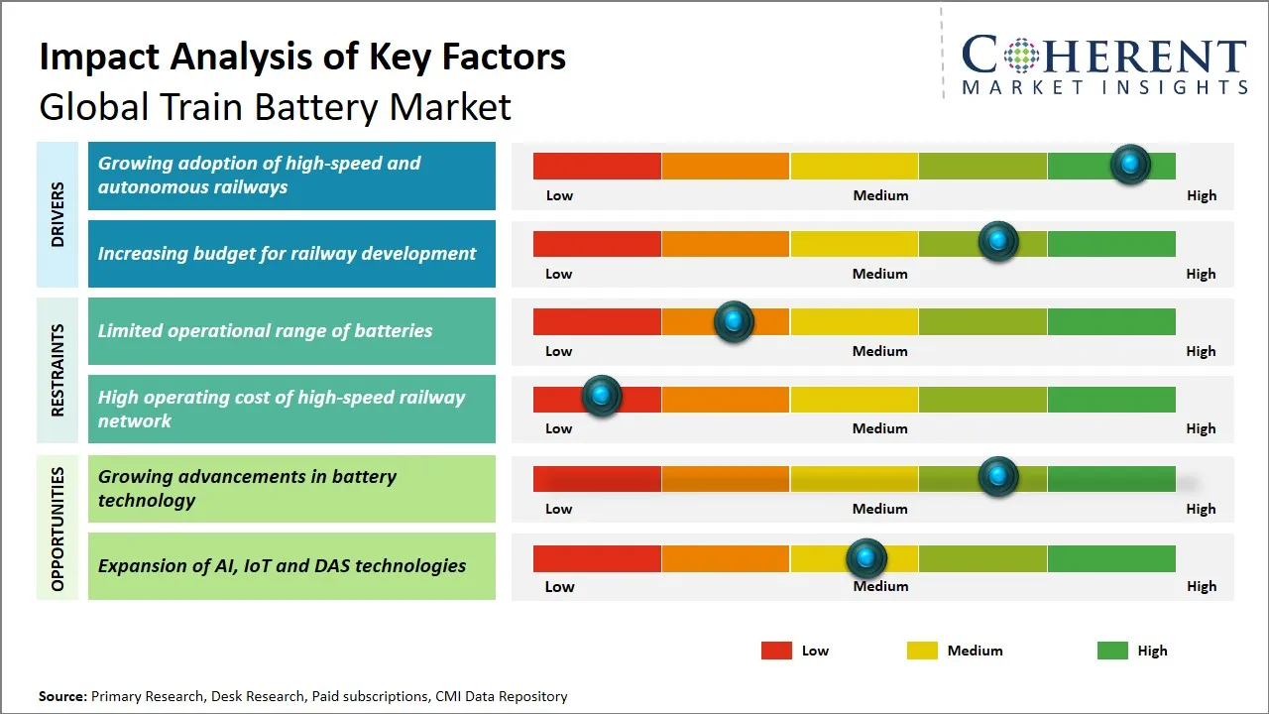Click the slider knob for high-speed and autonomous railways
pos(1130,164)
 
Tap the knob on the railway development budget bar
pos(998,241)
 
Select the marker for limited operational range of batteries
pos(734,321)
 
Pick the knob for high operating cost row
pos(601,396)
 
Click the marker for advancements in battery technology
pos(998,476)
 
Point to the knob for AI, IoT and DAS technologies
pos(866,558)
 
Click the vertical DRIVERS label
pos(58,214)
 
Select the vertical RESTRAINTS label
pos(58,370)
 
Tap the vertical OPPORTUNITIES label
pos(58,529)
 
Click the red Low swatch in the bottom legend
pos(776,651)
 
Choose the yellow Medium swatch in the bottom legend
pos(922,651)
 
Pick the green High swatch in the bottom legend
pos(1112,651)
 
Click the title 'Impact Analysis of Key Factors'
pos(302,57)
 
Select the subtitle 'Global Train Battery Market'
pos(275,106)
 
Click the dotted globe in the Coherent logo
pos(1020,56)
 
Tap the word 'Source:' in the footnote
pos(62,696)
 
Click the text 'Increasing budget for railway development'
pos(287,254)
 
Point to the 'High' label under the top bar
pos(1202,195)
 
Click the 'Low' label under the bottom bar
pos(559,586)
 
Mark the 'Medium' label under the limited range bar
pos(880,351)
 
